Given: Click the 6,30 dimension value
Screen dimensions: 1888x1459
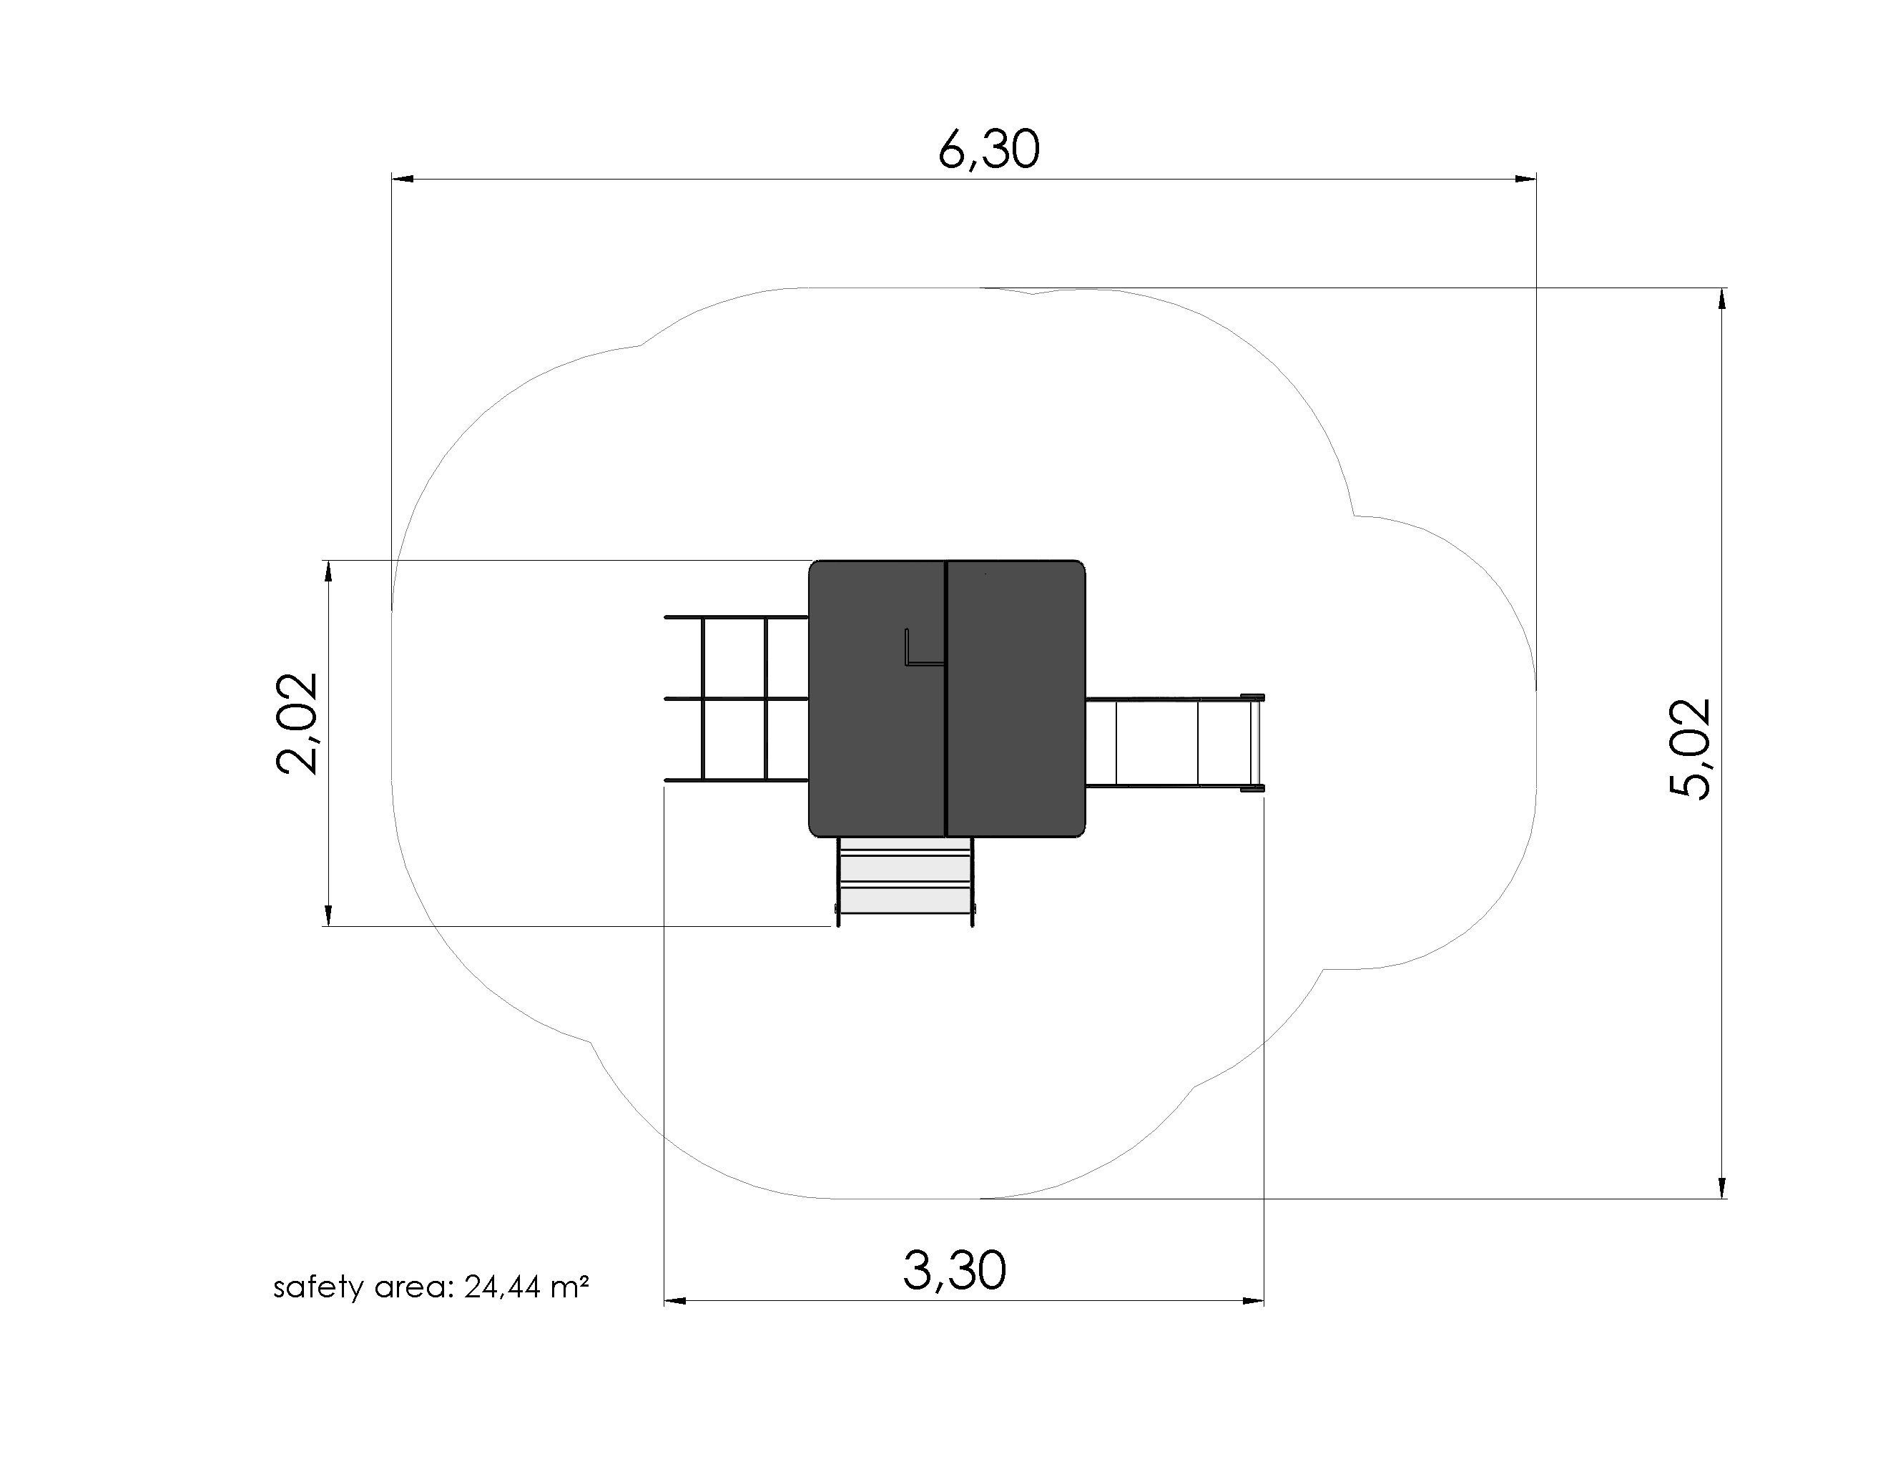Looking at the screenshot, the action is coord(989,150).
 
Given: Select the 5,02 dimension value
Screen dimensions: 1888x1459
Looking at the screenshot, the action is coord(1690,749).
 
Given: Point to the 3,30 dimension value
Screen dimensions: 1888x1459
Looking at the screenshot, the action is coord(955,1271).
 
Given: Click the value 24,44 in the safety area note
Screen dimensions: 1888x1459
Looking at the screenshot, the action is coord(501,1288).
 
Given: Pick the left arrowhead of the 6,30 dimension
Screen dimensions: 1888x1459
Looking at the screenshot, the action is coord(402,179).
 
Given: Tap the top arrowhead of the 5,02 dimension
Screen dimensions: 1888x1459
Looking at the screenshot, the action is coord(1722,298).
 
